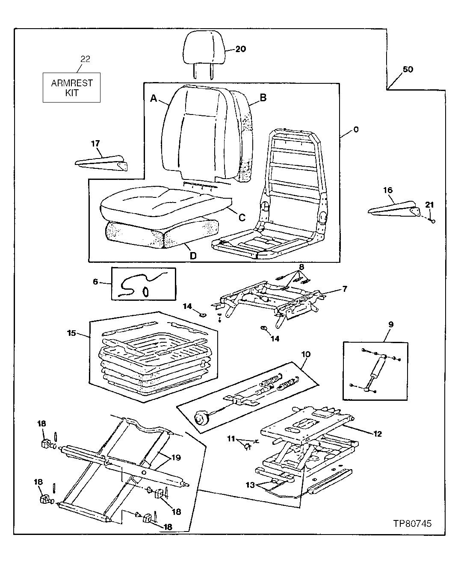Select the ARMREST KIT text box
pos(71,88)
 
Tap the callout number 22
pos(85,59)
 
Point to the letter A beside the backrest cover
pos(154,99)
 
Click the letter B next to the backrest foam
pos(263,98)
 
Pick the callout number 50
pos(408,69)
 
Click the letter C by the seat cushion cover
pos(242,217)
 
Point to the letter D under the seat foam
pos(193,256)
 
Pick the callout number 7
pos(344,289)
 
